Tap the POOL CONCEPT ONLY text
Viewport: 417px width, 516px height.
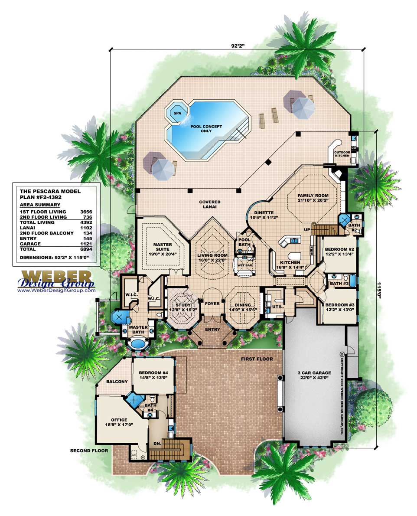[206, 129]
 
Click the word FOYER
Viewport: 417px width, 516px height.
[212, 304]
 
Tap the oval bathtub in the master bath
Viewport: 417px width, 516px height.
[138, 344]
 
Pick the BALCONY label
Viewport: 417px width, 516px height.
[117, 382]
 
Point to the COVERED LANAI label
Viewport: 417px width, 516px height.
[210, 205]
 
